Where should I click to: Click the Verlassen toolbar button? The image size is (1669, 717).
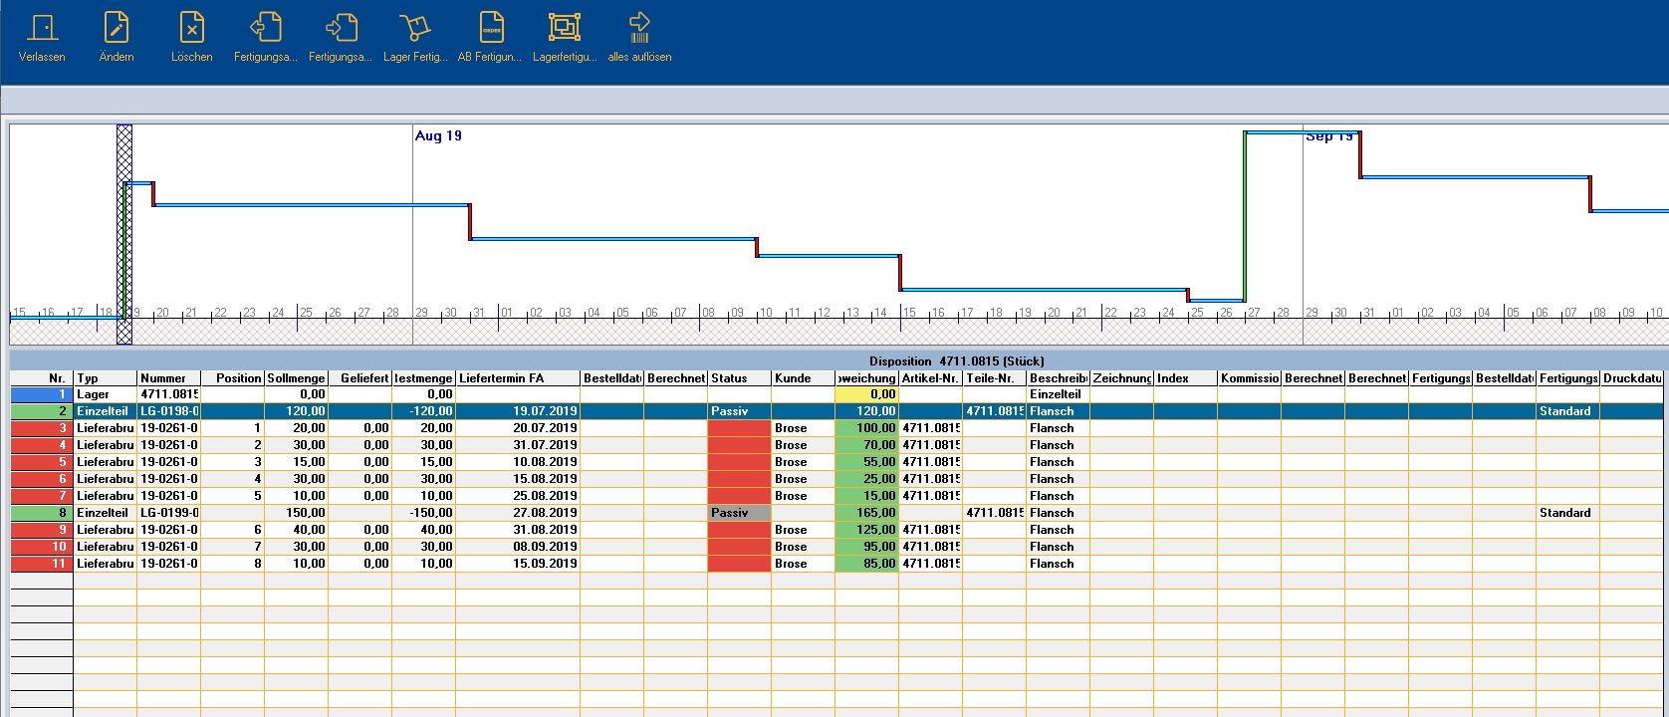pos(42,38)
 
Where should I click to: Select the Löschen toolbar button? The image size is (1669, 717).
pos(191,38)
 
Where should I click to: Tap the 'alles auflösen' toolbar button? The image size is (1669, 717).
pos(639,38)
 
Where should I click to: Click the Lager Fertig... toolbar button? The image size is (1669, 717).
pos(415,38)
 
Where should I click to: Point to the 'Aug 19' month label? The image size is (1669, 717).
pos(438,136)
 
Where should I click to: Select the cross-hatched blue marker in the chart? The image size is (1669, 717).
pos(124,234)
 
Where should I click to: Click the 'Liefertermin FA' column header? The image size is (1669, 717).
pos(517,378)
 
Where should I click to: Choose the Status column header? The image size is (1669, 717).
pos(738,378)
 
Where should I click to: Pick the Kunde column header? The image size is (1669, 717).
pos(802,378)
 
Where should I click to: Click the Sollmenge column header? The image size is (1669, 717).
pos(296,378)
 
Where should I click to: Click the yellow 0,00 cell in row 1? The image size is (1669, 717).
pos(866,394)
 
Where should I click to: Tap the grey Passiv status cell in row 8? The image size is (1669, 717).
pos(739,513)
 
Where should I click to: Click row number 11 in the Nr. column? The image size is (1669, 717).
pos(42,564)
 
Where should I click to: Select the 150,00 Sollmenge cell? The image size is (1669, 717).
pos(296,513)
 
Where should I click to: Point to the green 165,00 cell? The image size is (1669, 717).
pos(866,513)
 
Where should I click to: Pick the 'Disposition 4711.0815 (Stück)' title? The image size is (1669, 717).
pos(956,361)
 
